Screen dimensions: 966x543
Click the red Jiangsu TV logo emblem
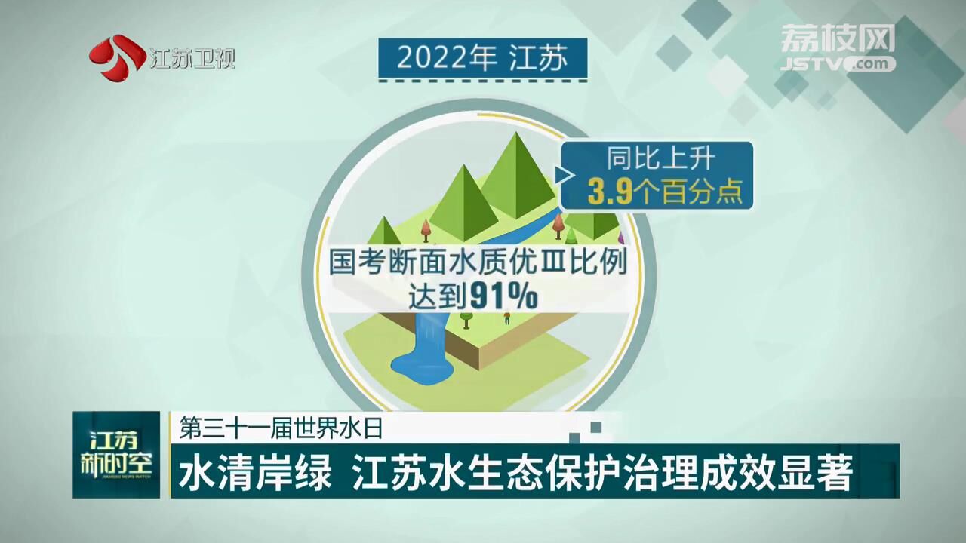117,57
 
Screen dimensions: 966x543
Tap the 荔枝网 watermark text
838,38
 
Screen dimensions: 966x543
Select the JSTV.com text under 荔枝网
838,64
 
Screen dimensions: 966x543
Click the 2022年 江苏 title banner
482,58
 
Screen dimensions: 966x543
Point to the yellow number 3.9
610,192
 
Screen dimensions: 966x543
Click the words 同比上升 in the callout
660,158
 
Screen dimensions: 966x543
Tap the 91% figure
503,296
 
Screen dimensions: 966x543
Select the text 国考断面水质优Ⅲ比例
478,262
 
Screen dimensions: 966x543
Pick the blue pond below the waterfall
421,370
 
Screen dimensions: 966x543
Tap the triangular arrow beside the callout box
565,175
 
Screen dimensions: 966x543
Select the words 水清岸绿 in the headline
255,473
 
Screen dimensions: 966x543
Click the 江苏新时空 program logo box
116,455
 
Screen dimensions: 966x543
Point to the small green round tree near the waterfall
466,320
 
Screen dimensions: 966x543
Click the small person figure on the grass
507,318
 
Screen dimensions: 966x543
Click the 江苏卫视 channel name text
192,59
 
